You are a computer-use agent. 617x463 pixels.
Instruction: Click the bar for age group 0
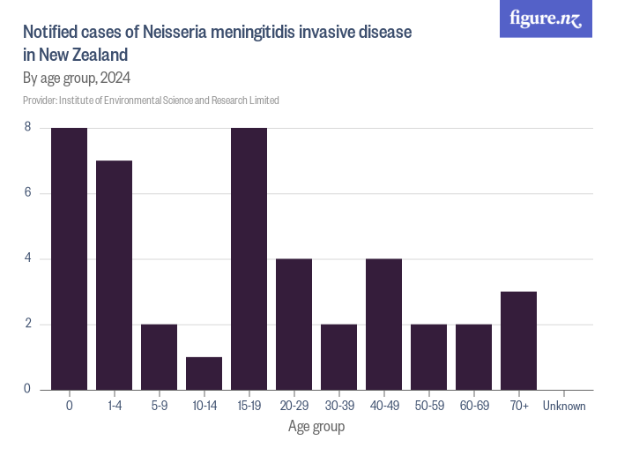(69, 258)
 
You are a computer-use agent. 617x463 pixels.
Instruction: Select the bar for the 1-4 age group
(114, 275)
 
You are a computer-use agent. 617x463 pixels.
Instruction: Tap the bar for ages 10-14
(204, 373)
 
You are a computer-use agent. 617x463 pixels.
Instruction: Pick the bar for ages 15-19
(249, 258)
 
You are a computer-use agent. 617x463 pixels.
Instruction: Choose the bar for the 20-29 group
(294, 324)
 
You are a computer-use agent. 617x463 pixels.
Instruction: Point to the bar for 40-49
(383, 324)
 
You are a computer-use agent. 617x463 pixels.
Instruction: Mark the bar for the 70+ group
(518, 340)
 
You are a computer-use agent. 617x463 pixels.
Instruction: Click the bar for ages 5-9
(159, 356)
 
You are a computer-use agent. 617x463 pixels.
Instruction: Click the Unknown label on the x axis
(563, 406)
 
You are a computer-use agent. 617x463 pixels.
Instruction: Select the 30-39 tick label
(338, 406)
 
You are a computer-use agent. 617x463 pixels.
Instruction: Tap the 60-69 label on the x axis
(473, 406)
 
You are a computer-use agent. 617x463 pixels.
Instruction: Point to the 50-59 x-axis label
(428, 406)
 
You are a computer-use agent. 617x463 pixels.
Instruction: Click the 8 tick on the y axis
(27, 128)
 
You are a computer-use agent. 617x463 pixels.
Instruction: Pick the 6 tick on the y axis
(27, 193)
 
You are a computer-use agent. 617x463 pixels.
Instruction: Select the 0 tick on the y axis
(27, 389)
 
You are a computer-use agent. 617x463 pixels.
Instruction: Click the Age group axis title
(316, 427)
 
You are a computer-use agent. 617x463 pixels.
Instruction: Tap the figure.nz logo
(546, 19)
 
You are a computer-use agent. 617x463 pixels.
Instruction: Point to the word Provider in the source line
(40, 101)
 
